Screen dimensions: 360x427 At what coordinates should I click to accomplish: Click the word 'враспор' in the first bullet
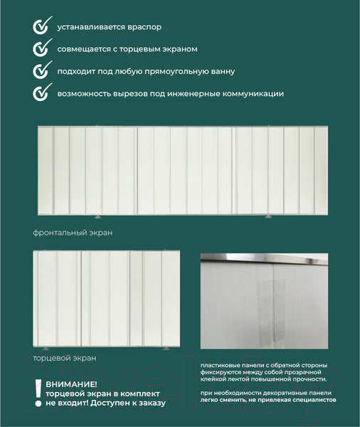144,27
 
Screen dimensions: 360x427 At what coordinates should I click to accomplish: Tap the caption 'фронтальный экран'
73,233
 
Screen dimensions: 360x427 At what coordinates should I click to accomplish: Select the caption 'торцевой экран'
65,358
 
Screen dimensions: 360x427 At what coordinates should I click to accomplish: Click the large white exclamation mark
38,390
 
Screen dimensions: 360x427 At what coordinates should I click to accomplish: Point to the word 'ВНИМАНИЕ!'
70,384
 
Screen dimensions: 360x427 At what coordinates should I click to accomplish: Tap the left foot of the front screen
97,216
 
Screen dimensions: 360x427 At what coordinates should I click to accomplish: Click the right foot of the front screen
268,216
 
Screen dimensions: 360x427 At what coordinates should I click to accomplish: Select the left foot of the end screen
47,348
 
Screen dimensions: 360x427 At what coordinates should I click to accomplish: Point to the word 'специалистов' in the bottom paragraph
317,401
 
